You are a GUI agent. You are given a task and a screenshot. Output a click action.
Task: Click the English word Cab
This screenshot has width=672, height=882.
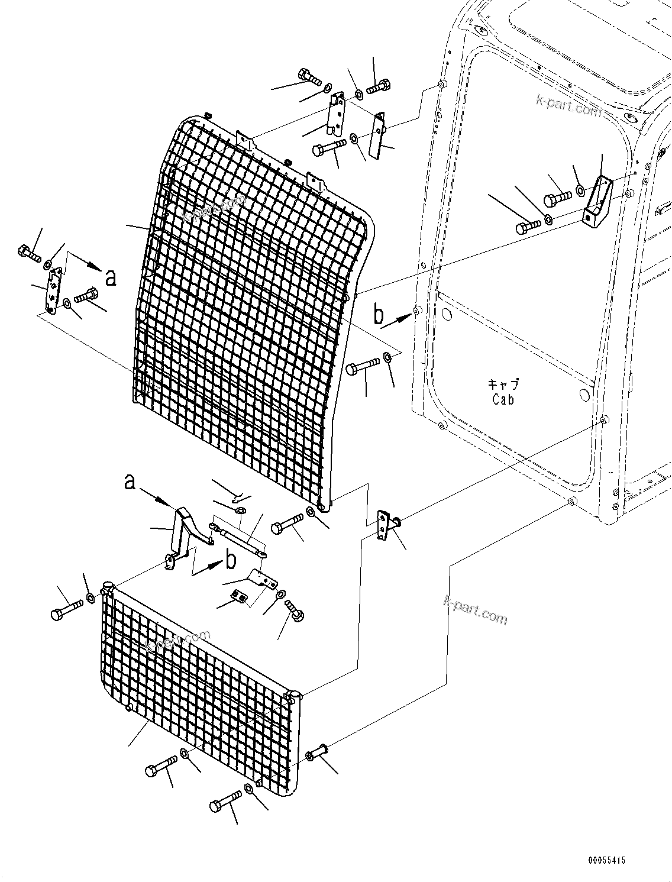(x=503, y=400)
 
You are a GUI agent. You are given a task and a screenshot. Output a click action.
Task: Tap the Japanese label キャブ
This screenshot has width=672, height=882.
(x=503, y=385)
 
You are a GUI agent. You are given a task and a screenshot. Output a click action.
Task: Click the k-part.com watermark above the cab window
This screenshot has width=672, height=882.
(x=567, y=108)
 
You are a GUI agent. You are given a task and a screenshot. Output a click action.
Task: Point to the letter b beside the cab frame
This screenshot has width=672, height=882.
(x=379, y=315)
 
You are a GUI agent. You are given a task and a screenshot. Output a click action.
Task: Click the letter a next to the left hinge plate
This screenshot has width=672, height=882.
(x=110, y=277)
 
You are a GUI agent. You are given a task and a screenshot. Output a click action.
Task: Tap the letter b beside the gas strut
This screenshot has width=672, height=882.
(x=230, y=560)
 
